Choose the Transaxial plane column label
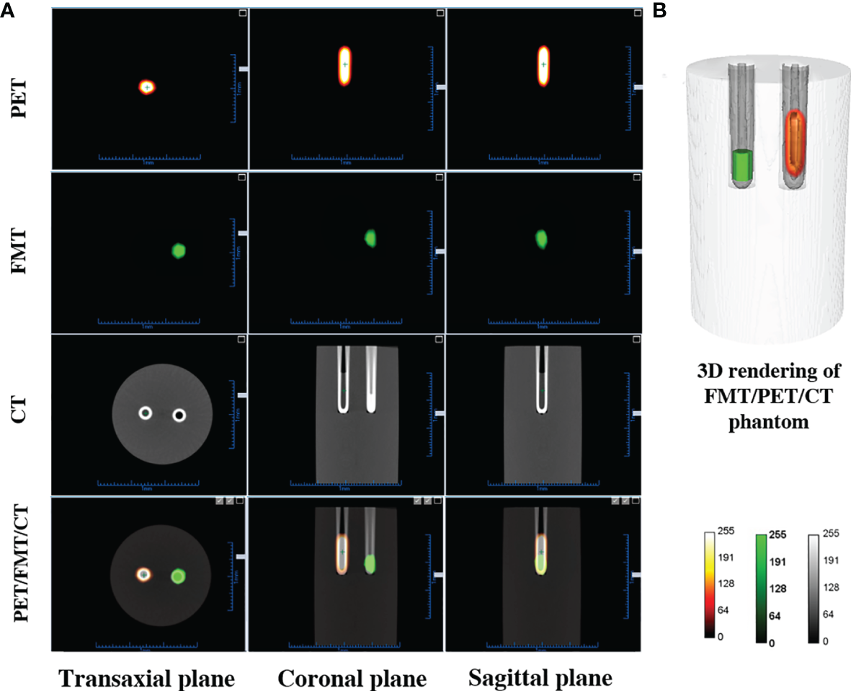pyautogui.click(x=146, y=679)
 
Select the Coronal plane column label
pyautogui.click(x=352, y=679)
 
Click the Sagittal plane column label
pyautogui.click(x=540, y=679)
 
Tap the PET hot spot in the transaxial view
pyautogui.click(x=147, y=87)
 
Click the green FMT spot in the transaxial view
pyautogui.click(x=179, y=251)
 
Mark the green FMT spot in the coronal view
pyautogui.click(x=370, y=237)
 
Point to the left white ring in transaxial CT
pyautogui.click(x=146, y=413)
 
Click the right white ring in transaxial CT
pyautogui.click(x=179, y=415)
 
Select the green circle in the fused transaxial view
pyautogui.click(x=178, y=576)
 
